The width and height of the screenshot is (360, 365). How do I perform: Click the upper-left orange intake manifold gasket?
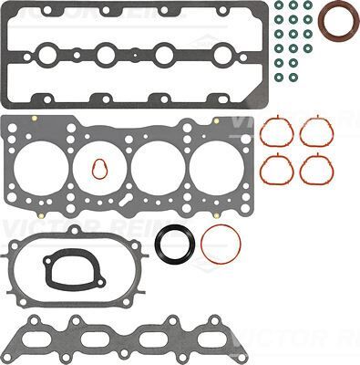pos(276,133)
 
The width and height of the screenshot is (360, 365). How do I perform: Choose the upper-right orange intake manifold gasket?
pos(316,133)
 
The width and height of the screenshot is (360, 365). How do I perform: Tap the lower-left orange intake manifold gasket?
pos(276,168)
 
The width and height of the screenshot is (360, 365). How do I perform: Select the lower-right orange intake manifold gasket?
pos(316,168)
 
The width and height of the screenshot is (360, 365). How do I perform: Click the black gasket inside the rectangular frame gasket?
pos(67,269)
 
